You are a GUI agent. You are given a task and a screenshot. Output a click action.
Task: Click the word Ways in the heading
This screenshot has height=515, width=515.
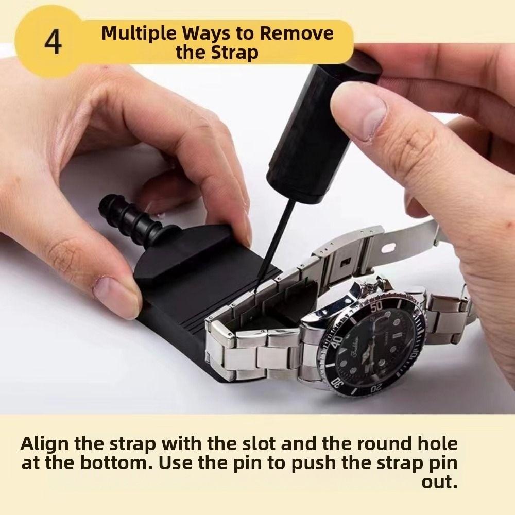tap(206, 33)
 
